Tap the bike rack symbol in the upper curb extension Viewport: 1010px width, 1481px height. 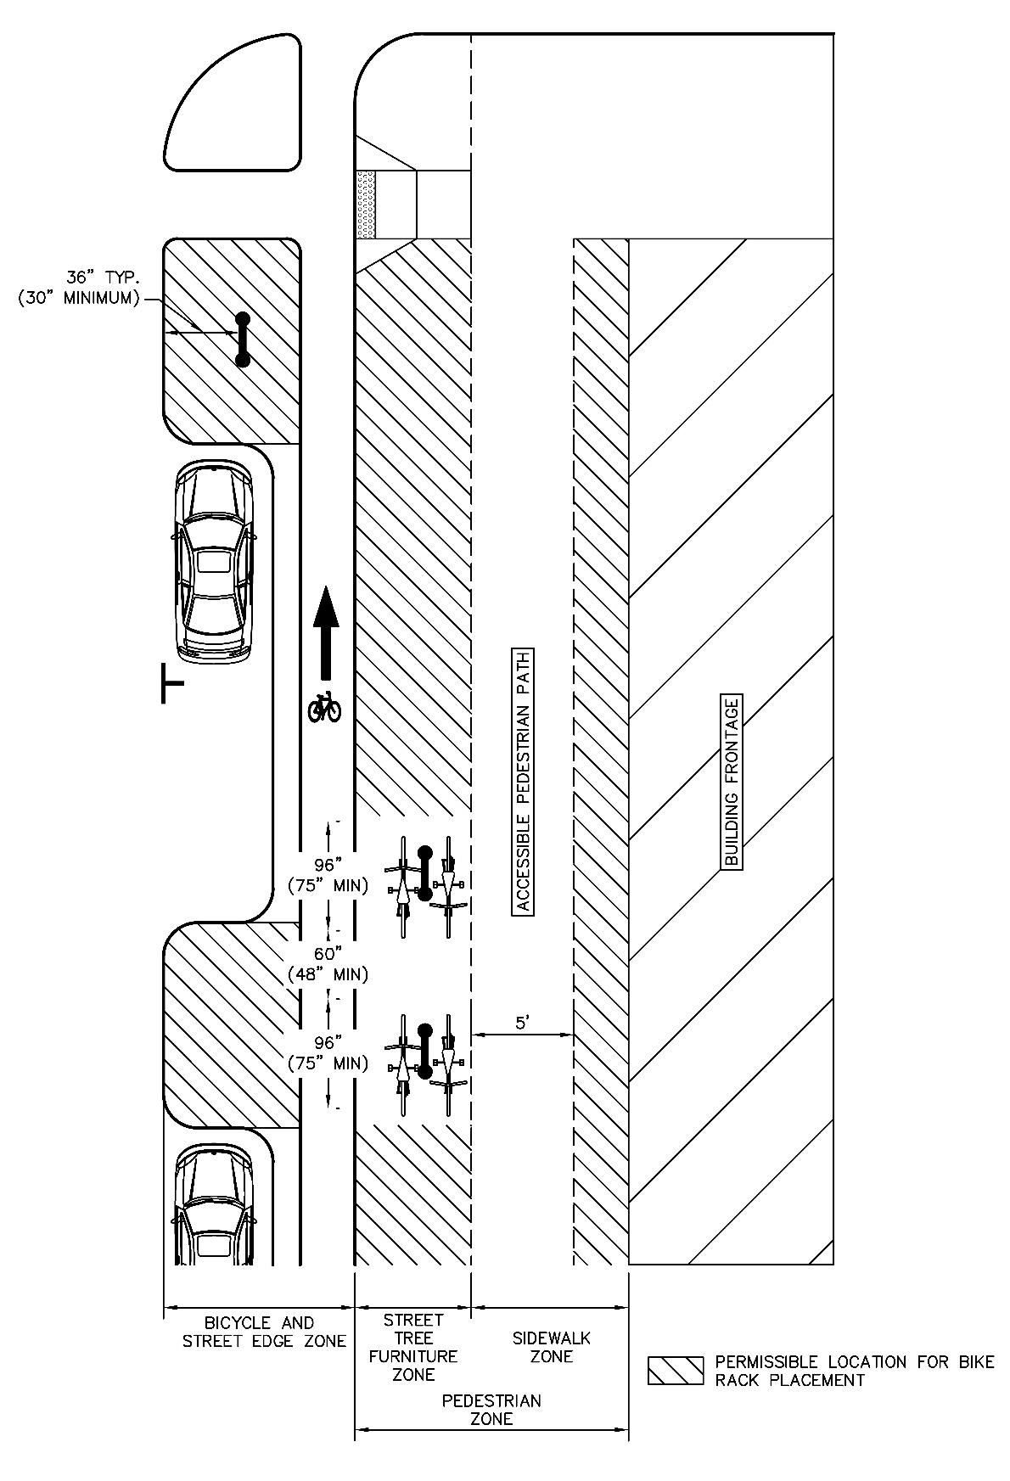click(243, 339)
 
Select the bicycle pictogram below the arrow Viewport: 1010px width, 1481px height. click(324, 706)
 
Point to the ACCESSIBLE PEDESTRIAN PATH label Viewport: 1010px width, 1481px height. click(524, 782)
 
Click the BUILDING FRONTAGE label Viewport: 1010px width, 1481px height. click(732, 782)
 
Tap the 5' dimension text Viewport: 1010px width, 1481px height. click(523, 1023)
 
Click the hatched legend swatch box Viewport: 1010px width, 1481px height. click(676, 1371)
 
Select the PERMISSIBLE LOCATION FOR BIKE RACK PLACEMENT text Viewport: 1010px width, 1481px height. click(854, 1371)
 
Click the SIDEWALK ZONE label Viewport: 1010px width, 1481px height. click(552, 1347)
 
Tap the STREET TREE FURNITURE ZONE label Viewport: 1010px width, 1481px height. click(413, 1347)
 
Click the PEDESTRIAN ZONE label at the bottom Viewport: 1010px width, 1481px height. click(491, 1409)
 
